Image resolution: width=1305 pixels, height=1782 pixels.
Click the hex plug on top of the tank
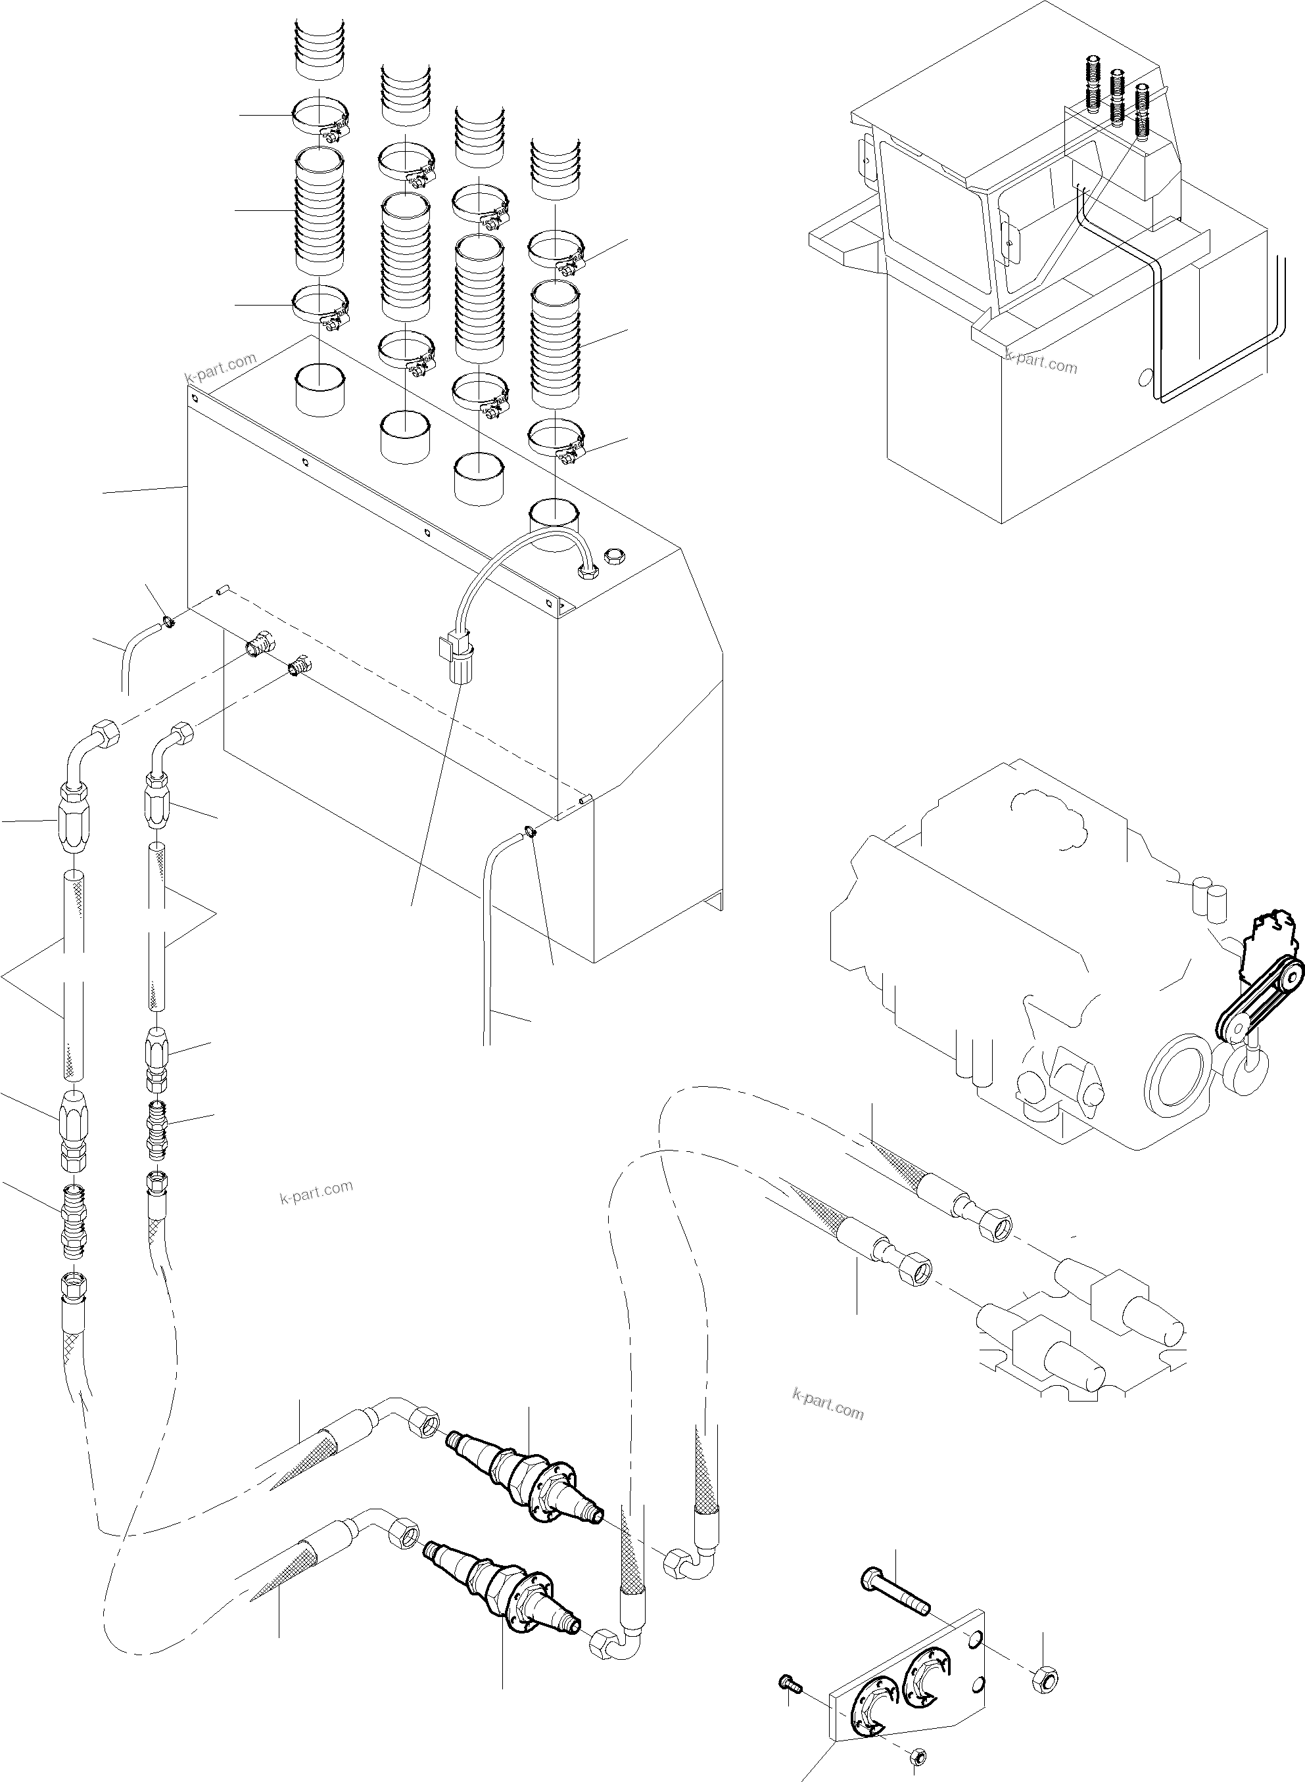613,557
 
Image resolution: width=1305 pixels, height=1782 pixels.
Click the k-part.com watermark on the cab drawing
1041,363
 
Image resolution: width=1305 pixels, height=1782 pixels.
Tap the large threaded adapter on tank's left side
258,645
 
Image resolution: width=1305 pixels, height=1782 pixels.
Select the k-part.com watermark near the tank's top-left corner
220,364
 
